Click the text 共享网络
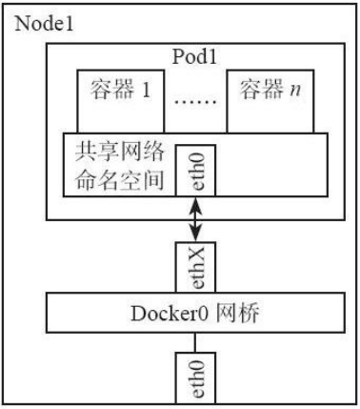[x=111, y=153]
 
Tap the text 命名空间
[x=111, y=178]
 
